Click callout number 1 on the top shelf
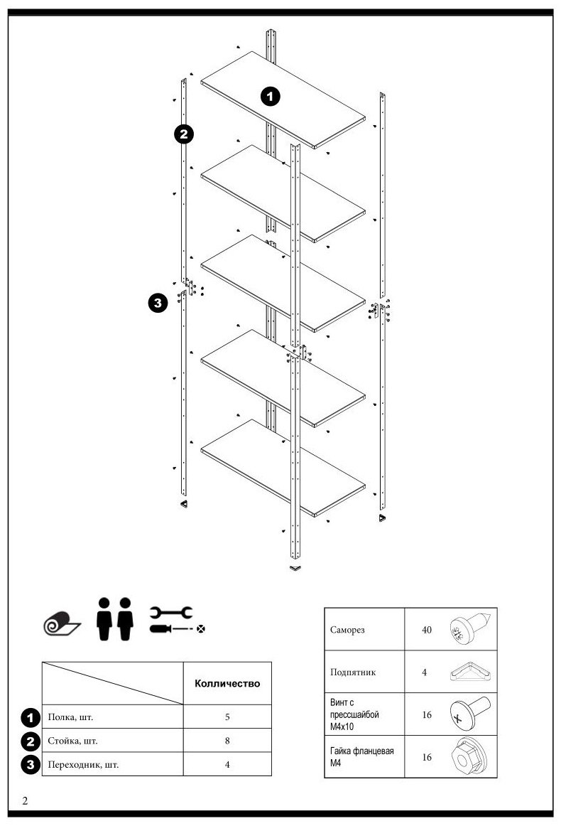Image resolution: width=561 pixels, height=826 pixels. (271, 97)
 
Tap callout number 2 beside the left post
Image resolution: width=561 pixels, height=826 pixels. (184, 134)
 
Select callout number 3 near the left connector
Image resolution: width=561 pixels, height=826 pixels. (158, 303)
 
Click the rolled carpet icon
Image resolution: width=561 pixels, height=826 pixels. (61, 623)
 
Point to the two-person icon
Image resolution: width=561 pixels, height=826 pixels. (115, 619)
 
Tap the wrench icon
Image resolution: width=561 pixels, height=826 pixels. (171, 612)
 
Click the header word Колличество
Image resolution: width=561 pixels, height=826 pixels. (227, 683)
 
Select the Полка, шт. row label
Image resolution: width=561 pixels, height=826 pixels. (70, 717)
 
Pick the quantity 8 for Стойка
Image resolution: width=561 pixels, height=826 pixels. (227, 741)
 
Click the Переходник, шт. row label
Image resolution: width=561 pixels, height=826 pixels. (83, 764)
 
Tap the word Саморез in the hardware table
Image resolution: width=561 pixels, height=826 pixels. (347, 630)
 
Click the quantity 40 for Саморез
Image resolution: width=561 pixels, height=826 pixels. (427, 630)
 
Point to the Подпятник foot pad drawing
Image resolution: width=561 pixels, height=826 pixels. (474, 672)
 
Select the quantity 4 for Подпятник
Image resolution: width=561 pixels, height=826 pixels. (424, 672)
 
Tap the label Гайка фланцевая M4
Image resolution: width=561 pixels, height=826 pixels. (361, 757)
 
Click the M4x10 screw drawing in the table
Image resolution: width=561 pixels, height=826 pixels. (471, 714)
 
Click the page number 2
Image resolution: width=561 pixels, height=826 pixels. (25, 800)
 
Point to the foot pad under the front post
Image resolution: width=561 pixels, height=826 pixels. (295, 568)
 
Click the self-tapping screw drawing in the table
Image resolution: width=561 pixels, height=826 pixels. (472, 628)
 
